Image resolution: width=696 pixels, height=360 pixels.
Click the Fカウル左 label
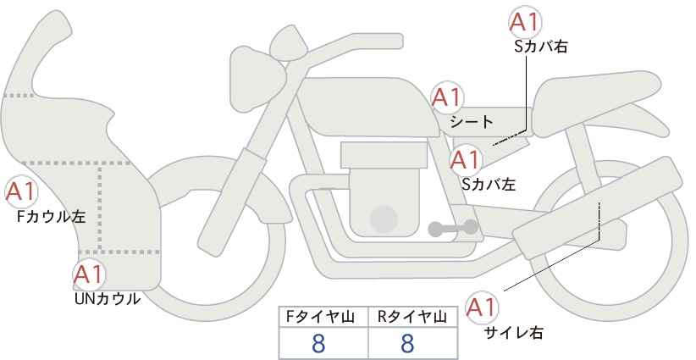click(51, 217)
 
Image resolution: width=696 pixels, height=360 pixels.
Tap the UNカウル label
click(107, 299)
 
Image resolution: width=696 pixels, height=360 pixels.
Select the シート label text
click(472, 122)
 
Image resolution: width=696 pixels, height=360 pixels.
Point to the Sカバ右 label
click(541, 47)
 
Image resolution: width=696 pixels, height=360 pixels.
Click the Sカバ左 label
click(489, 184)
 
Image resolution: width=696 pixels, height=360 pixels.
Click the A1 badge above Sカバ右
click(525, 22)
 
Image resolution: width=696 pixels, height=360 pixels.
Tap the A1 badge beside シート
click(447, 97)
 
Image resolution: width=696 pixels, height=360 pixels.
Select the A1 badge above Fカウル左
click(21, 192)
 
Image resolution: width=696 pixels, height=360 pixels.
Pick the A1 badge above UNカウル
click(90, 274)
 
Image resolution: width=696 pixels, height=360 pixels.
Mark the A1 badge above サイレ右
click(482, 307)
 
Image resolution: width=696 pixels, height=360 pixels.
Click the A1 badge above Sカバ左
click(465, 160)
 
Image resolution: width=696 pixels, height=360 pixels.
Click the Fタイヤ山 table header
click(319, 317)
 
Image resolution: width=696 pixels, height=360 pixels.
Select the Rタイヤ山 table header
click(412, 317)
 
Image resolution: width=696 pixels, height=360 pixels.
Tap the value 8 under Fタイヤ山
click(318, 344)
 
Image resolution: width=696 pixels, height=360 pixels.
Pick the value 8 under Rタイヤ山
click(407, 344)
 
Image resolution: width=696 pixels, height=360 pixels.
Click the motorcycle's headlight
click(257, 79)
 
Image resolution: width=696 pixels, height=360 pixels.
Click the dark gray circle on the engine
click(384, 219)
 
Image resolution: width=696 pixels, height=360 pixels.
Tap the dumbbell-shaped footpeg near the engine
click(453, 228)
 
